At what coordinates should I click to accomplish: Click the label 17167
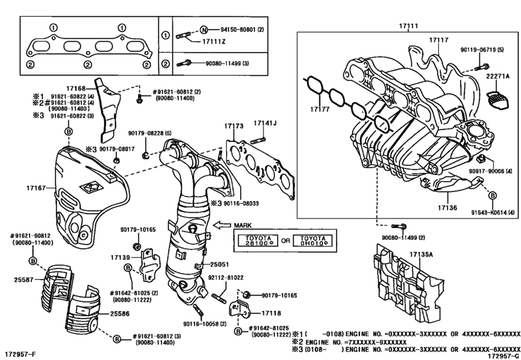pyautogui.click(x=37, y=187)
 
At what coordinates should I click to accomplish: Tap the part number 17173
pyautogui.click(x=234, y=127)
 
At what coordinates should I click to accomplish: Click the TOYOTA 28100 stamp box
pyautogui.click(x=256, y=240)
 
